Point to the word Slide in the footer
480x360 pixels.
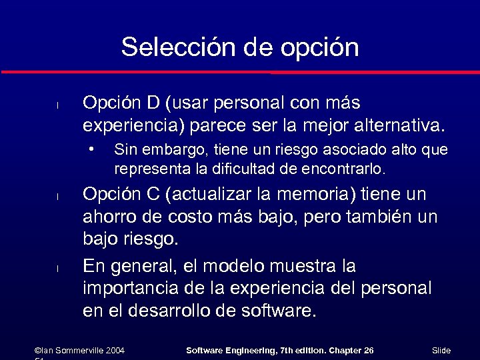point(441,351)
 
